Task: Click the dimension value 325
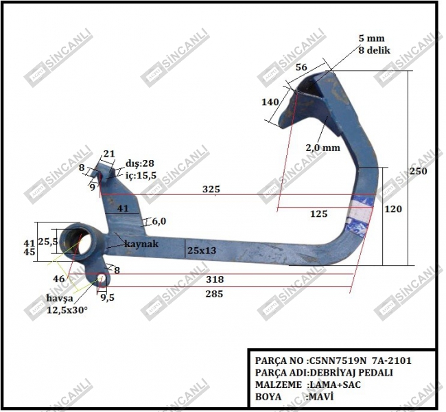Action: click(211, 189)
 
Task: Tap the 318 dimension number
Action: click(215, 279)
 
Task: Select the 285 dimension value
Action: click(214, 294)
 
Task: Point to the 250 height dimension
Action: click(418, 171)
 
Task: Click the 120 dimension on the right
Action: click(393, 209)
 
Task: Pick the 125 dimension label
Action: click(318, 214)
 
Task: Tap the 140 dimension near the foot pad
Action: click(270, 102)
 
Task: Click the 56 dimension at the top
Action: click(301, 67)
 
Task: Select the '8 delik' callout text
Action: click(375, 50)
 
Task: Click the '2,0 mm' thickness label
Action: click(323, 148)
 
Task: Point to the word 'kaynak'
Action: click(141, 244)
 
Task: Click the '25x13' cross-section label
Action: click(202, 251)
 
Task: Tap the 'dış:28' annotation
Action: click(140, 163)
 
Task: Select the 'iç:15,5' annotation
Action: click(141, 176)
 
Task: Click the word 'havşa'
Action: click(60, 299)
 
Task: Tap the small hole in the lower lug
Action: click(102, 280)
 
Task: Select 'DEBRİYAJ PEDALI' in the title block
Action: click(351, 372)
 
